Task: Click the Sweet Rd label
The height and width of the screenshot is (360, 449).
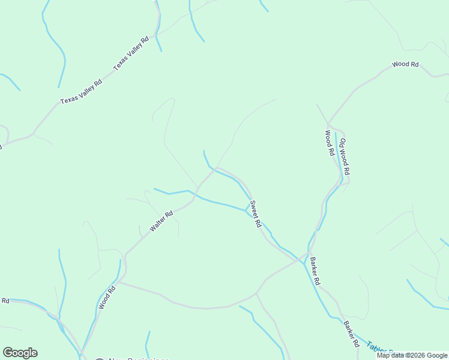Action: [256, 214]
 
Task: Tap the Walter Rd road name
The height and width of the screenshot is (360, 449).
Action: [161, 221]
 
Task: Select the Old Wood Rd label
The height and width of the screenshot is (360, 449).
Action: [345, 156]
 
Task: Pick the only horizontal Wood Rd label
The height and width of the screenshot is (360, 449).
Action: [405, 64]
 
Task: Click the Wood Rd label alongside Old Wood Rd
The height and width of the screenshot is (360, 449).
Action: [329, 143]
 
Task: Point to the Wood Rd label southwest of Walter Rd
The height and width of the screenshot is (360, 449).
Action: [107, 297]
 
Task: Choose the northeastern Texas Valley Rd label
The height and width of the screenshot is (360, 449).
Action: [131, 53]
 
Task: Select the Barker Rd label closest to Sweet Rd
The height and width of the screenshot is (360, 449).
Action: [315, 271]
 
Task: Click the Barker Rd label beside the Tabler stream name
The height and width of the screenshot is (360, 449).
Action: [351, 335]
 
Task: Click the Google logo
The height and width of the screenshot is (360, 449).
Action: [20, 353]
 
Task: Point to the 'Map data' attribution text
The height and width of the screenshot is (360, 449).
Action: [394, 355]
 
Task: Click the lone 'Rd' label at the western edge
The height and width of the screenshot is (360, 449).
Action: [5, 301]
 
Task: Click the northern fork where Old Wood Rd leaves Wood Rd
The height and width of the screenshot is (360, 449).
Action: [328, 124]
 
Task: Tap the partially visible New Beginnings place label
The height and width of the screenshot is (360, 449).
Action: [138, 359]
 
